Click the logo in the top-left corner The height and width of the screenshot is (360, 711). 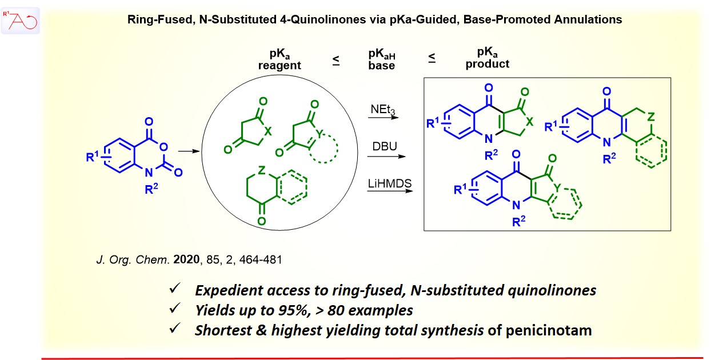point(21,21)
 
